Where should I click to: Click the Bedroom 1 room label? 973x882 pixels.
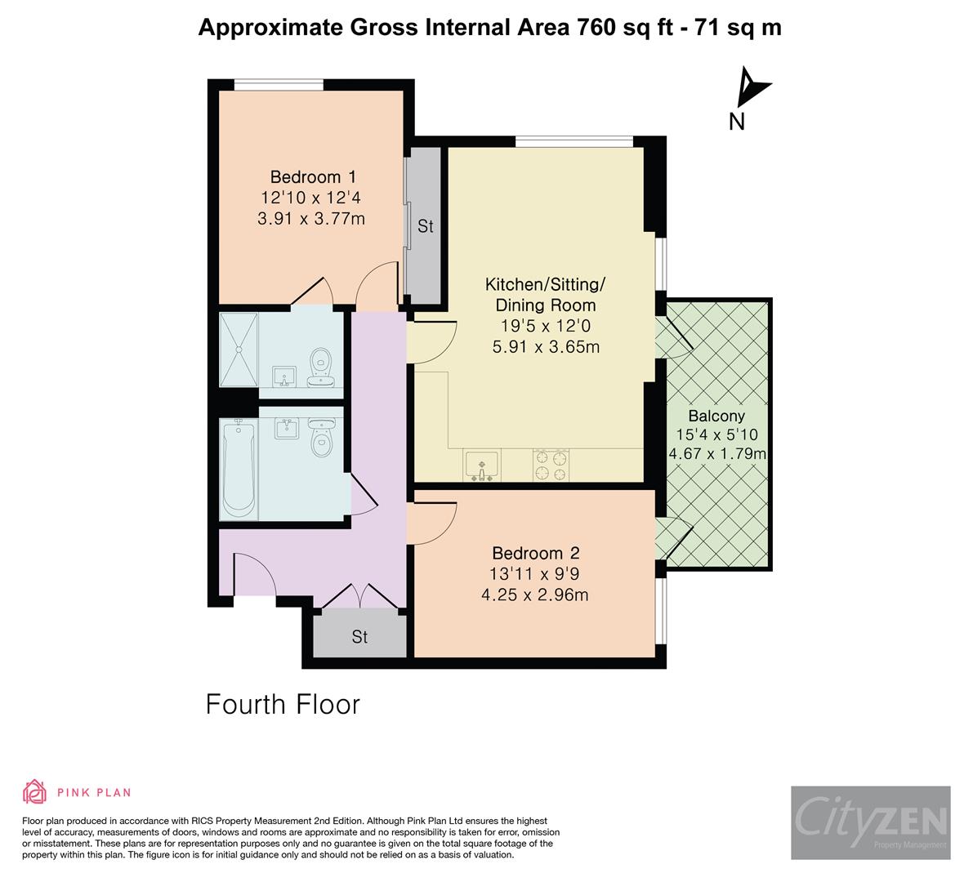pyautogui.click(x=313, y=176)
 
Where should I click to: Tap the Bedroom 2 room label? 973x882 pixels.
pyautogui.click(x=535, y=553)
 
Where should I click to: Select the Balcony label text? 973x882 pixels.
pyautogui.click(x=716, y=415)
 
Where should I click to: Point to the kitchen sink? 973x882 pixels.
pyautogui.click(x=482, y=465)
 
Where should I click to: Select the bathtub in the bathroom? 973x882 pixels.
pyautogui.click(x=239, y=469)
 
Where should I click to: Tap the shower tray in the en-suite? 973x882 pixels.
pyautogui.click(x=239, y=350)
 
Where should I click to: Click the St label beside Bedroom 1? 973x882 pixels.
pyautogui.click(x=425, y=226)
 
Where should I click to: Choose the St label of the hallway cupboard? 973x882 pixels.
pyautogui.click(x=359, y=636)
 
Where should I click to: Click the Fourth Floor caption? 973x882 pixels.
pyautogui.click(x=283, y=704)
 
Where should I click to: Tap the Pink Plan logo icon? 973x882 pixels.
pyautogui.click(x=35, y=791)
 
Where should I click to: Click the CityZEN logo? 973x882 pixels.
pyautogui.click(x=870, y=822)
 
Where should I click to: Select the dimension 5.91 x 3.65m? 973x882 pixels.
pyautogui.click(x=546, y=346)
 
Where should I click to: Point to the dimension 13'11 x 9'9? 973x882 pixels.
pyautogui.click(x=535, y=574)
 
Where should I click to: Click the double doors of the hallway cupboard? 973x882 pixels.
pyautogui.click(x=360, y=596)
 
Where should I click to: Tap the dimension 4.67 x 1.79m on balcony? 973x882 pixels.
pyautogui.click(x=716, y=454)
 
